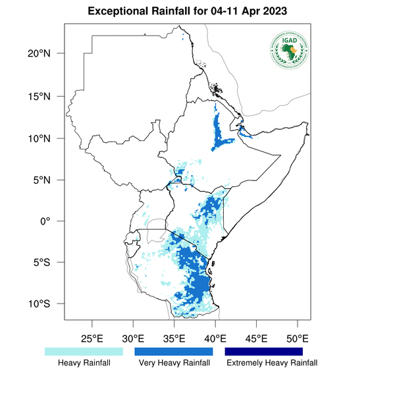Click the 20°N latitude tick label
point(49,53)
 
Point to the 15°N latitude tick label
point(49,96)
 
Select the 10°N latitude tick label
point(49,138)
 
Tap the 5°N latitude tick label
point(51,180)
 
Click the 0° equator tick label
point(55,221)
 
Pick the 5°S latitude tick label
point(51,263)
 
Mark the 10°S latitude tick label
point(49,304)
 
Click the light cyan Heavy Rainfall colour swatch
point(84,352)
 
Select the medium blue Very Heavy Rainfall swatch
point(174,352)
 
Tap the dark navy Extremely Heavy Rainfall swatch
point(264,352)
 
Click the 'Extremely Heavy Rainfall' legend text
point(271,363)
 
